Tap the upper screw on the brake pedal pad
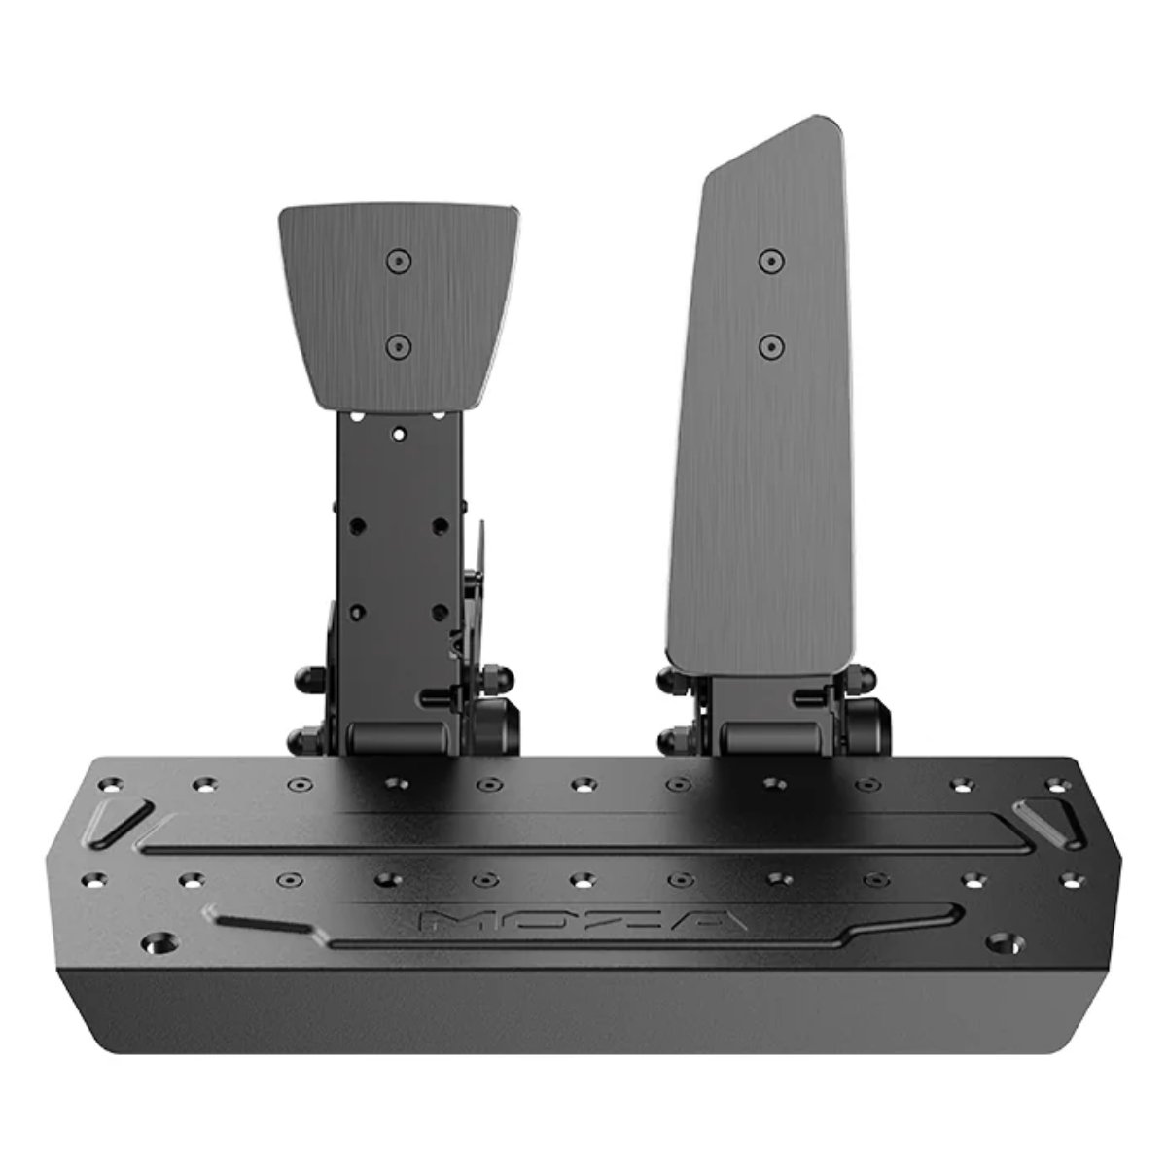coord(399,262)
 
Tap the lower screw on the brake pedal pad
coord(399,347)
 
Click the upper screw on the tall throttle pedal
coord(770,261)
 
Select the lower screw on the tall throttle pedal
coord(770,346)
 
